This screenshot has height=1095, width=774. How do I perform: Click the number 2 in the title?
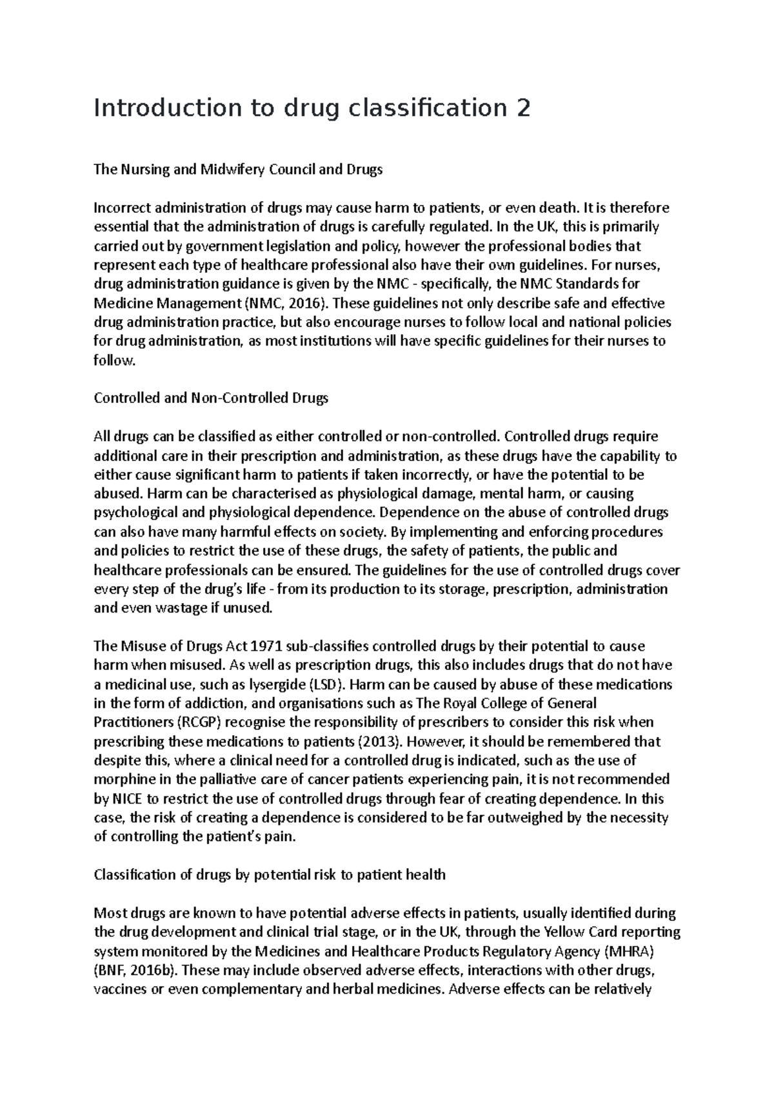522,108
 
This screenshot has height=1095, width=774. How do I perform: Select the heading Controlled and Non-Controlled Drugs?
211,398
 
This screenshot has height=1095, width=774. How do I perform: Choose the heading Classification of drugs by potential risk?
270,874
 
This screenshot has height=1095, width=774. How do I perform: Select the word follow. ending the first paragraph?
115,360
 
